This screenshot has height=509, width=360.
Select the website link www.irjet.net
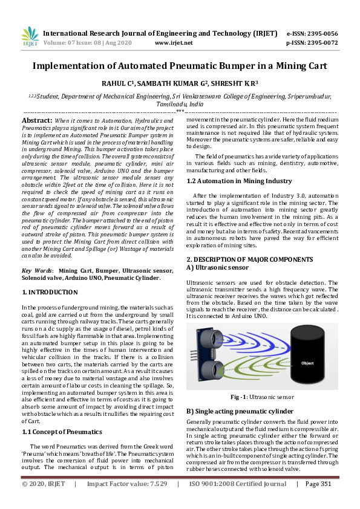pyautogui.click(x=174, y=43)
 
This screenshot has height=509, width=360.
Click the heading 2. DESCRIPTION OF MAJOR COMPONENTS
pyautogui.click(x=249, y=259)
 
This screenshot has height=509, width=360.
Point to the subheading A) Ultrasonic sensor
pyautogui.click(x=217, y=267)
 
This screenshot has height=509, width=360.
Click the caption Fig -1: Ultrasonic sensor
pyautogui.click(x=261, y=397)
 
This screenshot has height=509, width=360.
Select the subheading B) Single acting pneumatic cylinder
pyautogui.click(x=240, y=411)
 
